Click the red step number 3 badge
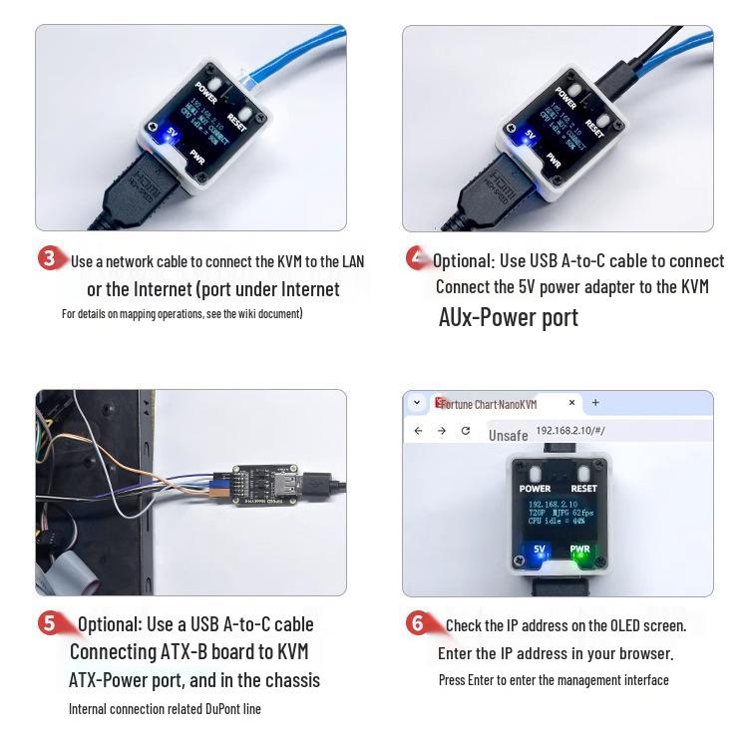tap(51, 258)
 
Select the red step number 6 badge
tap(418, 623)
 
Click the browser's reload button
tap(465, 431)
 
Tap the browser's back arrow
tap(419, 431)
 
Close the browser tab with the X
tap(571, 403)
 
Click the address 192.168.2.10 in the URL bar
tap(564, 431)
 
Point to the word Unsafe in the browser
tap(508, 436)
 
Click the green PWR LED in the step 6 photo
tap(579, 554)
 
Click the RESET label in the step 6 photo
tap(584, 489)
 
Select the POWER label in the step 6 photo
tap(535, 489)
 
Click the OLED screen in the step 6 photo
tap(559, 513)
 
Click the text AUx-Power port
tap(508, 317)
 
